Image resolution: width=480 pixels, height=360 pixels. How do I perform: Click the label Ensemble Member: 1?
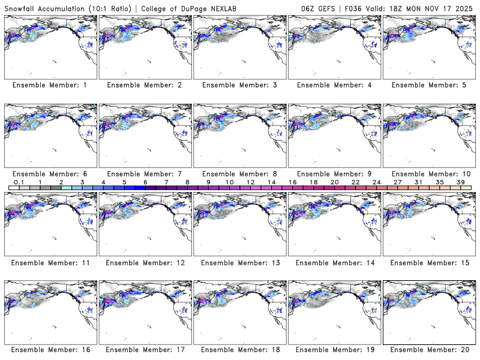coord(50,85)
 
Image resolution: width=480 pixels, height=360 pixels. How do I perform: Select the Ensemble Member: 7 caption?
coord(145,173)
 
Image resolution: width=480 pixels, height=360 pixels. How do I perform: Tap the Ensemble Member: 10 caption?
coord(428,173)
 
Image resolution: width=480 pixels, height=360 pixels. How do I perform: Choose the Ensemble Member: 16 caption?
coord(50,350)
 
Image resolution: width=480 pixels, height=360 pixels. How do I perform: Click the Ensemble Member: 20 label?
coord(428,350)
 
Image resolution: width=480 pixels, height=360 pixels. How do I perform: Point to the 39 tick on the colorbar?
coord(460,182)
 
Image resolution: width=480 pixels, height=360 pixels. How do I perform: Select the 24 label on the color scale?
coord(376,182)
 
